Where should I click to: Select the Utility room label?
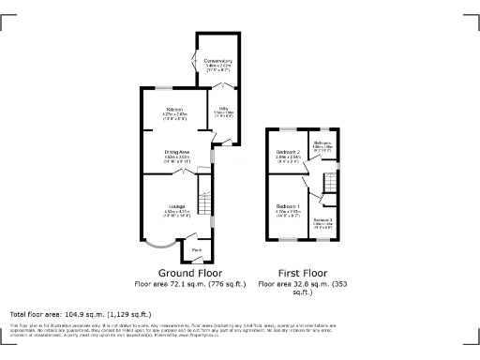[224, 110]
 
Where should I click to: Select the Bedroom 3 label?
[322, 219]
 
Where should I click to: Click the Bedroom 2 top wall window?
[288, 127]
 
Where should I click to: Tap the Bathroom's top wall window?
[323, 127]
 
